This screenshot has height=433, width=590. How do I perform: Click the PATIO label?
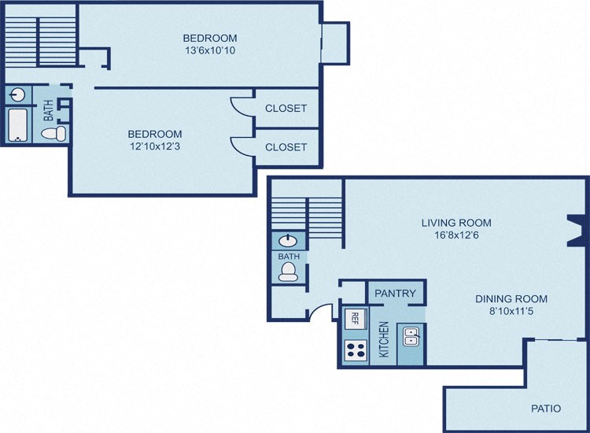coord(545,409)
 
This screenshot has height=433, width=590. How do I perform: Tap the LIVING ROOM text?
coord(456,222)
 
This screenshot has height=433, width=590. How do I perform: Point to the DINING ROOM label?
coord(511,298)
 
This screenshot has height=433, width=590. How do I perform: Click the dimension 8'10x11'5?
coord(511,312)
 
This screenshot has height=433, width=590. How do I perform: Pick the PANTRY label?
coord(395,294)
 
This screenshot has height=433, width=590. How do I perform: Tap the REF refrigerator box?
coord(355,319)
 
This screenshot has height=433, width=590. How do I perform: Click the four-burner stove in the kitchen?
coord(356,349)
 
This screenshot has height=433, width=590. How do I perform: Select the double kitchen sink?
coord(411,337)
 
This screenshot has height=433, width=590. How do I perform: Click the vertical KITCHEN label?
coord(384,339)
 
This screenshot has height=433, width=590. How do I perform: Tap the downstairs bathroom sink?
coord(289,241)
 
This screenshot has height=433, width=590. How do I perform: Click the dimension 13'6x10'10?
coord(209,50)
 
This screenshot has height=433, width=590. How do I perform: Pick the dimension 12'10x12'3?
coord(155,146)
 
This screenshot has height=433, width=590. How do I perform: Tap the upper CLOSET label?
coord(286,109)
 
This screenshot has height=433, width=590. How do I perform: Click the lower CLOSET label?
coord(286,147)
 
